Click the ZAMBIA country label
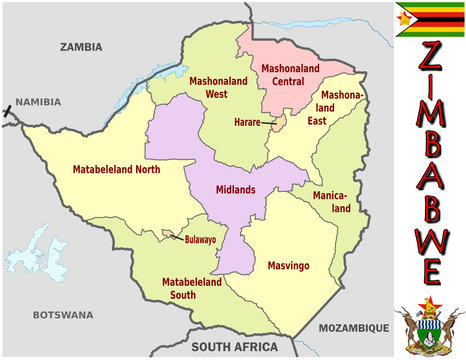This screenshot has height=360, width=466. click(x=81, y=46)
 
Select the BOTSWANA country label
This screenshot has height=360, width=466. click(x=62, y=314)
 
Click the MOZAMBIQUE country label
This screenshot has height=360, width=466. click(x=353, y=327)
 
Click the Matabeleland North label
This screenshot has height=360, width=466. click(x=116, y=170)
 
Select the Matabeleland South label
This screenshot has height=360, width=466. click(x=192, y=289)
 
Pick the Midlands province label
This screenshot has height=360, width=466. click(x=236, y=189)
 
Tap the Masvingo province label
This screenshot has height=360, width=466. click(x=291, y=266)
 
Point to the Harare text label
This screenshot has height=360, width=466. click(x=247, y=122)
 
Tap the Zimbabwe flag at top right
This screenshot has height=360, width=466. click(x=429, y=19)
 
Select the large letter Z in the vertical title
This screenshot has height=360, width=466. click(x=430, y=57)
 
